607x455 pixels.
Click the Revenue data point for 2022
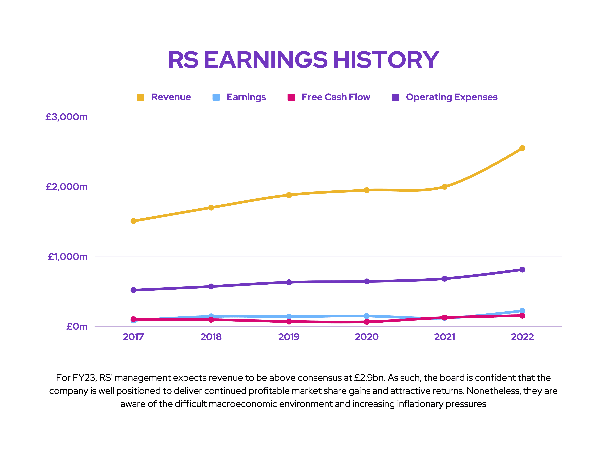(x=522, y=148)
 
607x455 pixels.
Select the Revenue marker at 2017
(x=133, y=221)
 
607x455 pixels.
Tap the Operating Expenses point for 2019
(x=289, y=282)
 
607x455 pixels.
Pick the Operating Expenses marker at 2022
(x=522, y=270)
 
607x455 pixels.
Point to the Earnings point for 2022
(x=522, y=311)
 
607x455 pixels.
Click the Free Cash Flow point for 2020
(x=367, y=322)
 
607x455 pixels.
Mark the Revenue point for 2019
(x=289, y=195)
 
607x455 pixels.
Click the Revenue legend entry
(x=171, y=97)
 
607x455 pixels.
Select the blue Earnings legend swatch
(x=216, y=97)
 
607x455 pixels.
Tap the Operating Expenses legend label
(x=451, y=97)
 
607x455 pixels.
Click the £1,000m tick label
(x=68, y=257)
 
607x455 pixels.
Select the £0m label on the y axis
(x=77, y=327)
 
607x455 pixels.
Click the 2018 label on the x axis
(x=211, y=337)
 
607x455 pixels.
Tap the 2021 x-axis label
(x=445, y=337)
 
